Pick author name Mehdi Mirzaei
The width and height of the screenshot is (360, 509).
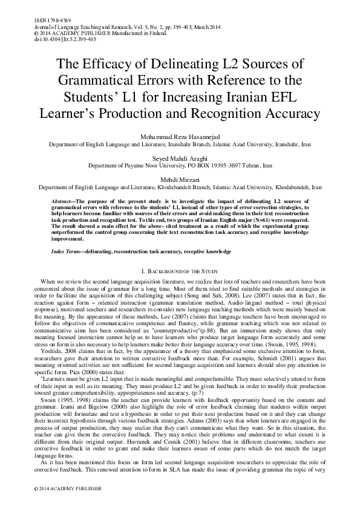click(x=180, y=179)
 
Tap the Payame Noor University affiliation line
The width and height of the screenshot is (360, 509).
click(x=180, y=164)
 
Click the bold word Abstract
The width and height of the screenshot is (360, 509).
click(x=63, y=199)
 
